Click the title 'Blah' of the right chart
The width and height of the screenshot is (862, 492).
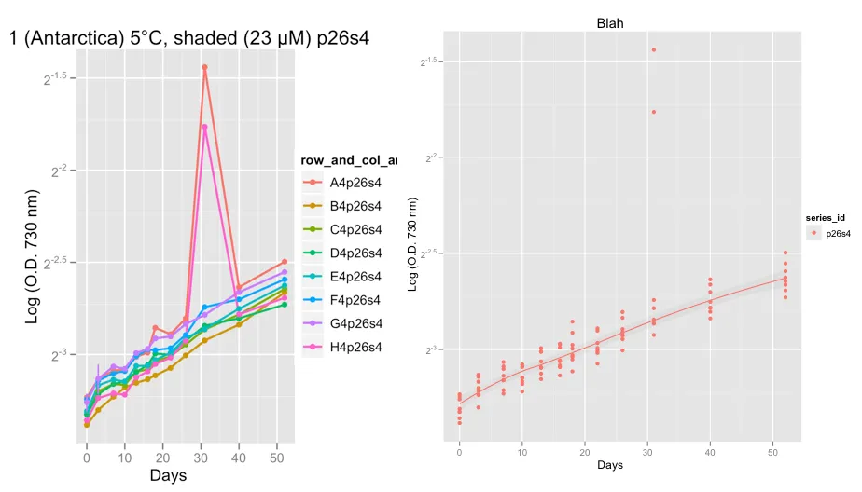[x=611, y=22]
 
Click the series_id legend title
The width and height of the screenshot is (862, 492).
[x=826, y=217]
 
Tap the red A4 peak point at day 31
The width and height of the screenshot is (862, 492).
[x=204, y=67]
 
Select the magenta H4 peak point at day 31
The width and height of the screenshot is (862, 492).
[x=204, y=127]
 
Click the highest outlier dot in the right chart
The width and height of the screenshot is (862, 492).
[x=654, y=49]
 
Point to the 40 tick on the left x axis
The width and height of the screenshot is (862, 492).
[x=239, y=458]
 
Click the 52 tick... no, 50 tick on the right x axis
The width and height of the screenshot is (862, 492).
[x=772, y=451]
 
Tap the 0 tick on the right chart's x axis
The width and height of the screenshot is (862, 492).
[x=459, y=451]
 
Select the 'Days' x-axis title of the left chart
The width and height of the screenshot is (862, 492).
[x=168, y=475]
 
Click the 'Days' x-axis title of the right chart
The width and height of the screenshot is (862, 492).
[x=612, y=464]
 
